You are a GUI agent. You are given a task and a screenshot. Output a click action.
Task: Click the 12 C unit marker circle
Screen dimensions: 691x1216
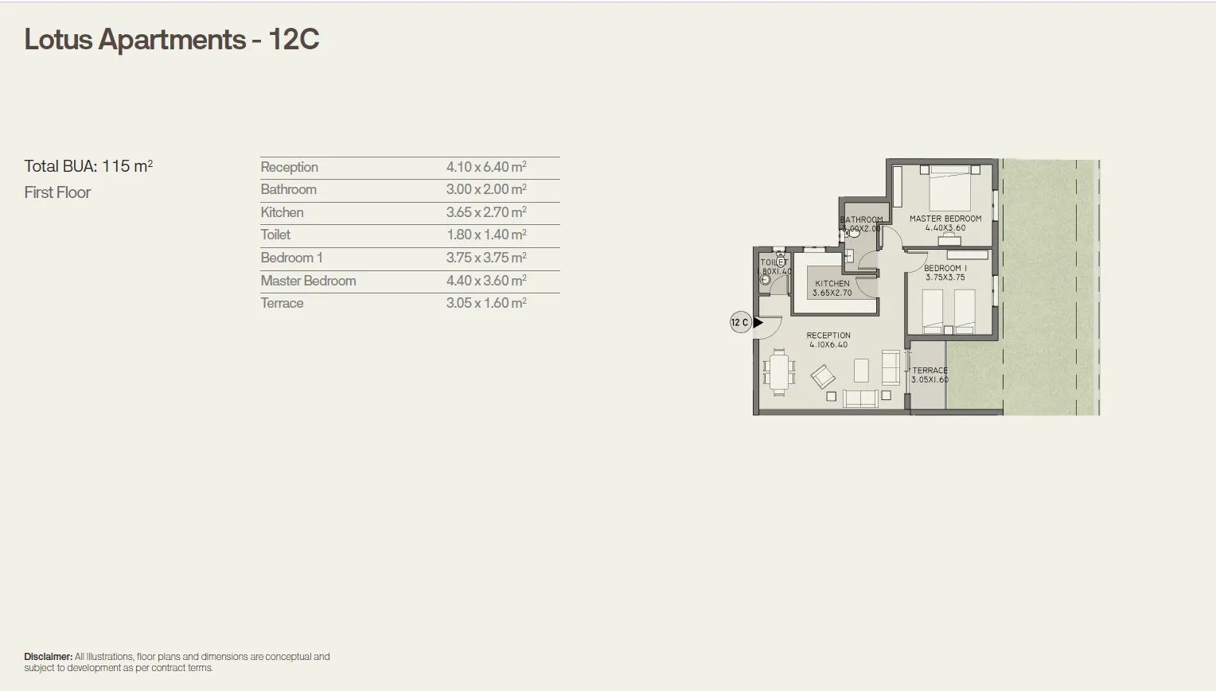[739, 322]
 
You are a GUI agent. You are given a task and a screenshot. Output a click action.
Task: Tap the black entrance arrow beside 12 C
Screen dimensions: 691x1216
[758, 322]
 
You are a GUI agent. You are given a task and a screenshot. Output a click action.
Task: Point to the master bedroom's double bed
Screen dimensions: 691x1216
[949, 188]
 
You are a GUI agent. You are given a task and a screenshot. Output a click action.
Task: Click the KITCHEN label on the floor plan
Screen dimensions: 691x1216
[832, 283]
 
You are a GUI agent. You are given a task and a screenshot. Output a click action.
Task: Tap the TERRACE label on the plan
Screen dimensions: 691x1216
[930, 371]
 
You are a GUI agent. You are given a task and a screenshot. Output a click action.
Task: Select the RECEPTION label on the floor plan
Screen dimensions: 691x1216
[828, 336]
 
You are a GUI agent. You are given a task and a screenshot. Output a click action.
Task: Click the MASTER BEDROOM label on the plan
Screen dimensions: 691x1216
[945, 219]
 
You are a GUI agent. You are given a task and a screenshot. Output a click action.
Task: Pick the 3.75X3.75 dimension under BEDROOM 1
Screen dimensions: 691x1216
[945, 278]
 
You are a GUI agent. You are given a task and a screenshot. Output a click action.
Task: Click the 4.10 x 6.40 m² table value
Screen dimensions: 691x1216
[485, 167]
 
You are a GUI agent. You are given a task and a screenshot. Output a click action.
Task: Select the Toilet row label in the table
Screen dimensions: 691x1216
[275, 235]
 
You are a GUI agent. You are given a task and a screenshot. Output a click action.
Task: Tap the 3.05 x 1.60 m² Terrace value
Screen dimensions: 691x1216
[485, 303]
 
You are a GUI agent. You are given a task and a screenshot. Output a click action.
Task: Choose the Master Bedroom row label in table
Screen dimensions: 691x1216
[308, 281]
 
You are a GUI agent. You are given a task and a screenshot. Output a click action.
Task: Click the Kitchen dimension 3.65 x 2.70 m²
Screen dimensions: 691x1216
[485, 212]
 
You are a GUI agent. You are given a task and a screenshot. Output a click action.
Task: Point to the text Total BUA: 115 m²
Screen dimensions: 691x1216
[88, 166]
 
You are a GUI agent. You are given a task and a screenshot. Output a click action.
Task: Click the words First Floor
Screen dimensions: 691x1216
[57, 192]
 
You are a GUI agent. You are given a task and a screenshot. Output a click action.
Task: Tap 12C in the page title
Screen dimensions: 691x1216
[294, 40]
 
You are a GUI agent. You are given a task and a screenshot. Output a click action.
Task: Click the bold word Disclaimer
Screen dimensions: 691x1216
[48, 657]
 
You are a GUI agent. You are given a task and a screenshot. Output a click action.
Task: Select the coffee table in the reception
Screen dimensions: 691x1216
[861, 370]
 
